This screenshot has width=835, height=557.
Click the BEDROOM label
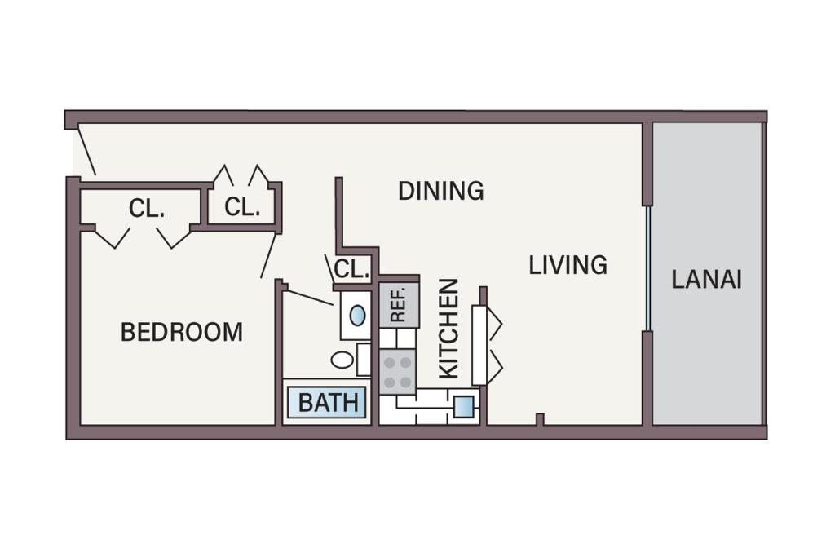click(181, 332)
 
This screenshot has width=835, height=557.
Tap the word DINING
click(440, 191)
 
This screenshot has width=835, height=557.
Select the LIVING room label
click(568, 265)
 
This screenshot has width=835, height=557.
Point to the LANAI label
click(706, 279)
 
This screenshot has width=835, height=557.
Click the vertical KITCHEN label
click(449, 328)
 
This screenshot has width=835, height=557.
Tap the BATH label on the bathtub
click(327, 403)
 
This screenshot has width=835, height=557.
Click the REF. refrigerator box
click(399, 304)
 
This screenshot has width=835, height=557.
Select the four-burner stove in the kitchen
click(398, 372)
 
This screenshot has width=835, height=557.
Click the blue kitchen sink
click(463, 406)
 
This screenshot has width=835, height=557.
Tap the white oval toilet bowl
click(342, 360)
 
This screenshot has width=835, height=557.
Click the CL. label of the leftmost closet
click(147, 209)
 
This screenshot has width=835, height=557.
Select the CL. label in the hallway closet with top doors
click(242, 207)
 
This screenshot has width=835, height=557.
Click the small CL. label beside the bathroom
click(352, 268)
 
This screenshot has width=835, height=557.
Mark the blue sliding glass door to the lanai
click(647, 268)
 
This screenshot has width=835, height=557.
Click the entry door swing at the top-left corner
click(86, 151)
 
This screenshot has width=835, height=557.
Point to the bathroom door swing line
click(310, 297)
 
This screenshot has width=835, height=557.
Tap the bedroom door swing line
click(268, 255)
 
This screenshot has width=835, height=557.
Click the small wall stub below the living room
click(539, 419)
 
